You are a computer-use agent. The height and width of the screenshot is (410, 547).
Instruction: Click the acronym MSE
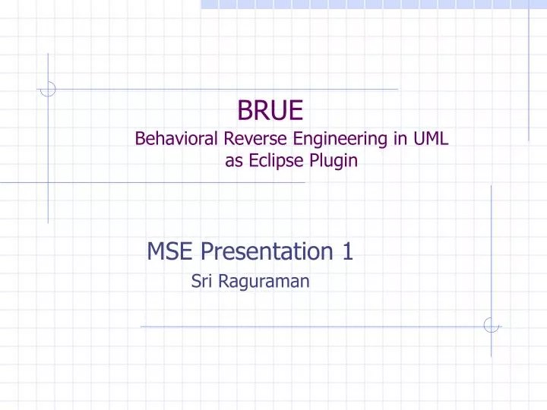[169, 250]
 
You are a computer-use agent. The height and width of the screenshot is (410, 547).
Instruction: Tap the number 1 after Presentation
[347, 250]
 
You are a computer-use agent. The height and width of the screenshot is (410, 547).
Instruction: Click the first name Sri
[201, 282]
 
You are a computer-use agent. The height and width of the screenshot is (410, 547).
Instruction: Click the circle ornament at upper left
[48, 89]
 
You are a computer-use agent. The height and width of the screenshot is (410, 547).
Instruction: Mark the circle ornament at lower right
[491, 326]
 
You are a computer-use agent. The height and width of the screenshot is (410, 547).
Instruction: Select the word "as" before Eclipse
[233, 161]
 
